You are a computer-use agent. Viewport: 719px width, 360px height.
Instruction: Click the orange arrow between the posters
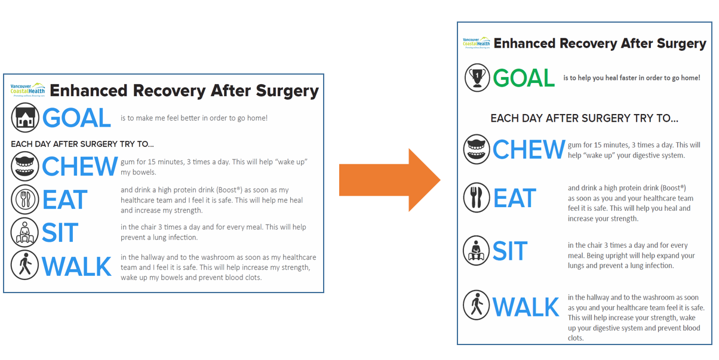click(390, 180)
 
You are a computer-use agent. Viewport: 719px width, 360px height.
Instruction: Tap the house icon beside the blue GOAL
click(25, 118)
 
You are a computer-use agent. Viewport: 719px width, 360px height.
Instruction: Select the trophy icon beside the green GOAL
click(477, 78)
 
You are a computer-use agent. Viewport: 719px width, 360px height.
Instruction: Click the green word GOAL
click(524, 78)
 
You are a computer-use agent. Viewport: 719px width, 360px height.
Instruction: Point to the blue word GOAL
click(76, 118)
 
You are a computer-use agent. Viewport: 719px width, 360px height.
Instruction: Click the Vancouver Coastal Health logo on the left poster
click(27, 90)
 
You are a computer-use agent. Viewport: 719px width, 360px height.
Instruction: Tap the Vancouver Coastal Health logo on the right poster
click(477, 42)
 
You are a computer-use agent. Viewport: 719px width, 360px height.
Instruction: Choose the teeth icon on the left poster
click(25, 166)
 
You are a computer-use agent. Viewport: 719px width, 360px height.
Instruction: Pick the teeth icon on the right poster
click(477, 149)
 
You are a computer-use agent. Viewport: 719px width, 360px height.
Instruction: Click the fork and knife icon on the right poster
click(477, 198)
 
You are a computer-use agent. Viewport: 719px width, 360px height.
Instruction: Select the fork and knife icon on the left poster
click(25, 199)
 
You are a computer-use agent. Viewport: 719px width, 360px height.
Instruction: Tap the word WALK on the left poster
click(76, 266)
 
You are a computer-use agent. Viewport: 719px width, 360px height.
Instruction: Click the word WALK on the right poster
click(526, 307)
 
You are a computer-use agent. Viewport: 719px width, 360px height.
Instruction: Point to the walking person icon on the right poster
click(477, 305)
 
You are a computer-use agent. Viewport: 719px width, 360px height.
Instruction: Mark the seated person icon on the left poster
click(24, 233)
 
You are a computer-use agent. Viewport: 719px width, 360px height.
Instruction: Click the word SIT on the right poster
click(510, 251)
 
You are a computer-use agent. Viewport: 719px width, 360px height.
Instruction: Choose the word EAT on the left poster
click(64, 199)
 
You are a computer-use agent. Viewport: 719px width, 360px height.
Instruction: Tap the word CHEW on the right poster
click(529, 149)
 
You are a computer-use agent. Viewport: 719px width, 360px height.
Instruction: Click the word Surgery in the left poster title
click(287, 91)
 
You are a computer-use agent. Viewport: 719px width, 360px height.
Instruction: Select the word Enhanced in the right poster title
click(524, 44)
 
